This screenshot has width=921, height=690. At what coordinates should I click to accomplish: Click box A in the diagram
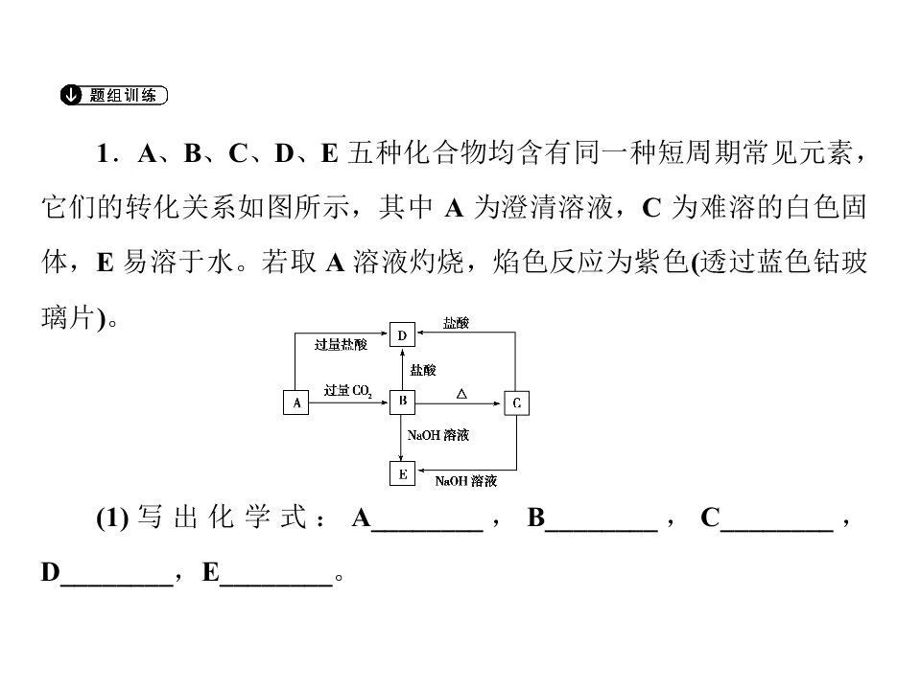[x=296, y=403]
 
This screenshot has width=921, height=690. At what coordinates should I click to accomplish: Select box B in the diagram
[x=402, y=402]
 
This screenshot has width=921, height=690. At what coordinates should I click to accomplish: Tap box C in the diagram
[x=517, y=403]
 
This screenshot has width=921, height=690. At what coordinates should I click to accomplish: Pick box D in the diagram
[x=402, y=335]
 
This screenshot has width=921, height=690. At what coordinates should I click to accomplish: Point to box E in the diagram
[x=402, y=473]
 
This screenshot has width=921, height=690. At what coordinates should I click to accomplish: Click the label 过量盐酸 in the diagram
[x=341, y=345]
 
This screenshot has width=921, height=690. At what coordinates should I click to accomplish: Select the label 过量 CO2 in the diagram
[x=347, y=391]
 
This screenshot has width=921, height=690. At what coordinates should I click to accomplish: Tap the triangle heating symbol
[x=461, y=394]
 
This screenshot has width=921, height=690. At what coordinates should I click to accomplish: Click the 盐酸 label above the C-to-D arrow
[x=456, y=323]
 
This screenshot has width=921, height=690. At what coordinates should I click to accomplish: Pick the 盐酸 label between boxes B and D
[x=423, y=370]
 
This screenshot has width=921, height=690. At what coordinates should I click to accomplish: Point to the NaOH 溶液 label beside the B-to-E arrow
[x=438, y=435]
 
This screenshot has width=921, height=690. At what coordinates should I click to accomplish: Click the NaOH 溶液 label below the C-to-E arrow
[x=466, y=481]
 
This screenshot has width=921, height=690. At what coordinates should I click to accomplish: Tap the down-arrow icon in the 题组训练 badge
[x=70, y=95]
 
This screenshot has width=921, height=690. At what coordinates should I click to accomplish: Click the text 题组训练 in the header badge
[x=123, y=95]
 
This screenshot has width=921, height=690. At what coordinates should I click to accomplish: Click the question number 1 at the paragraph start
[x=104, y=153]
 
